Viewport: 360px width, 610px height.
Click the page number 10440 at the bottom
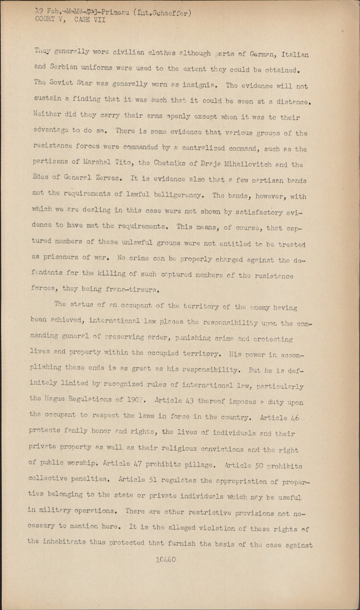click(x=165, y=560)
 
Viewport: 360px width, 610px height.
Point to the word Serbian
click(x=63, y=67)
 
